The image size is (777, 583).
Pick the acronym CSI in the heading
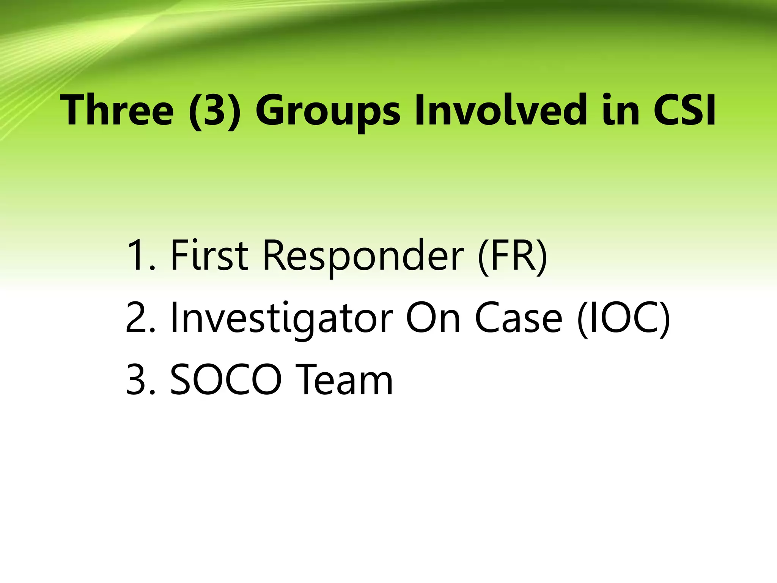coord(684,110)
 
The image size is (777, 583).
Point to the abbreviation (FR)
coord(513,255)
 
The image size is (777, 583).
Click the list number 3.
coord(140,380)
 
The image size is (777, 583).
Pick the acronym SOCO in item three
coord(226,380)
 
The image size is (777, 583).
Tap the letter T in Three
coord(74,110)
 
